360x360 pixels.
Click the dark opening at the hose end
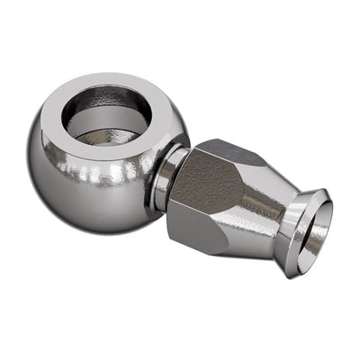pos(317,232)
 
